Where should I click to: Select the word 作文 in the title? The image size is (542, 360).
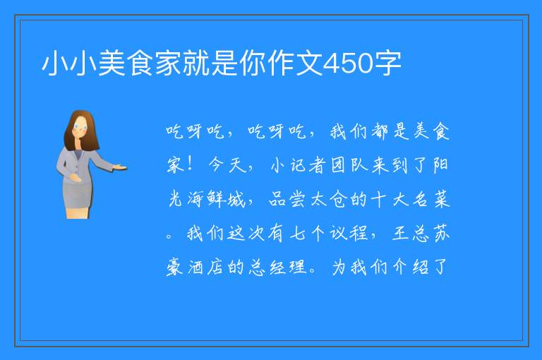296,64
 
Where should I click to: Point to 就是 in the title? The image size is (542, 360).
211,64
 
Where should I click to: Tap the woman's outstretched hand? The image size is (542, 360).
120,168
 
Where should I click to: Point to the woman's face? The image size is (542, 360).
80,127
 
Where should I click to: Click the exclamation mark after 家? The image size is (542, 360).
189,164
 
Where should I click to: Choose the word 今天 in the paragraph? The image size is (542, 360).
227,164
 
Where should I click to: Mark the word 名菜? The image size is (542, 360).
430,199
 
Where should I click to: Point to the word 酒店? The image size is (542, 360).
205,267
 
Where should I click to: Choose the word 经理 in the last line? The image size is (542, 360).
288,267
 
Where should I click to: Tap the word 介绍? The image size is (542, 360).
410,267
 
